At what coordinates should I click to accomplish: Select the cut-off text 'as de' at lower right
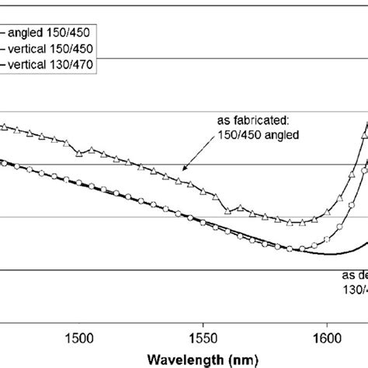pos(354,275)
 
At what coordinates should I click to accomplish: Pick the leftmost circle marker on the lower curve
pos(4,162)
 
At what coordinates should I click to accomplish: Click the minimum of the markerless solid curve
pos(330,254)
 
